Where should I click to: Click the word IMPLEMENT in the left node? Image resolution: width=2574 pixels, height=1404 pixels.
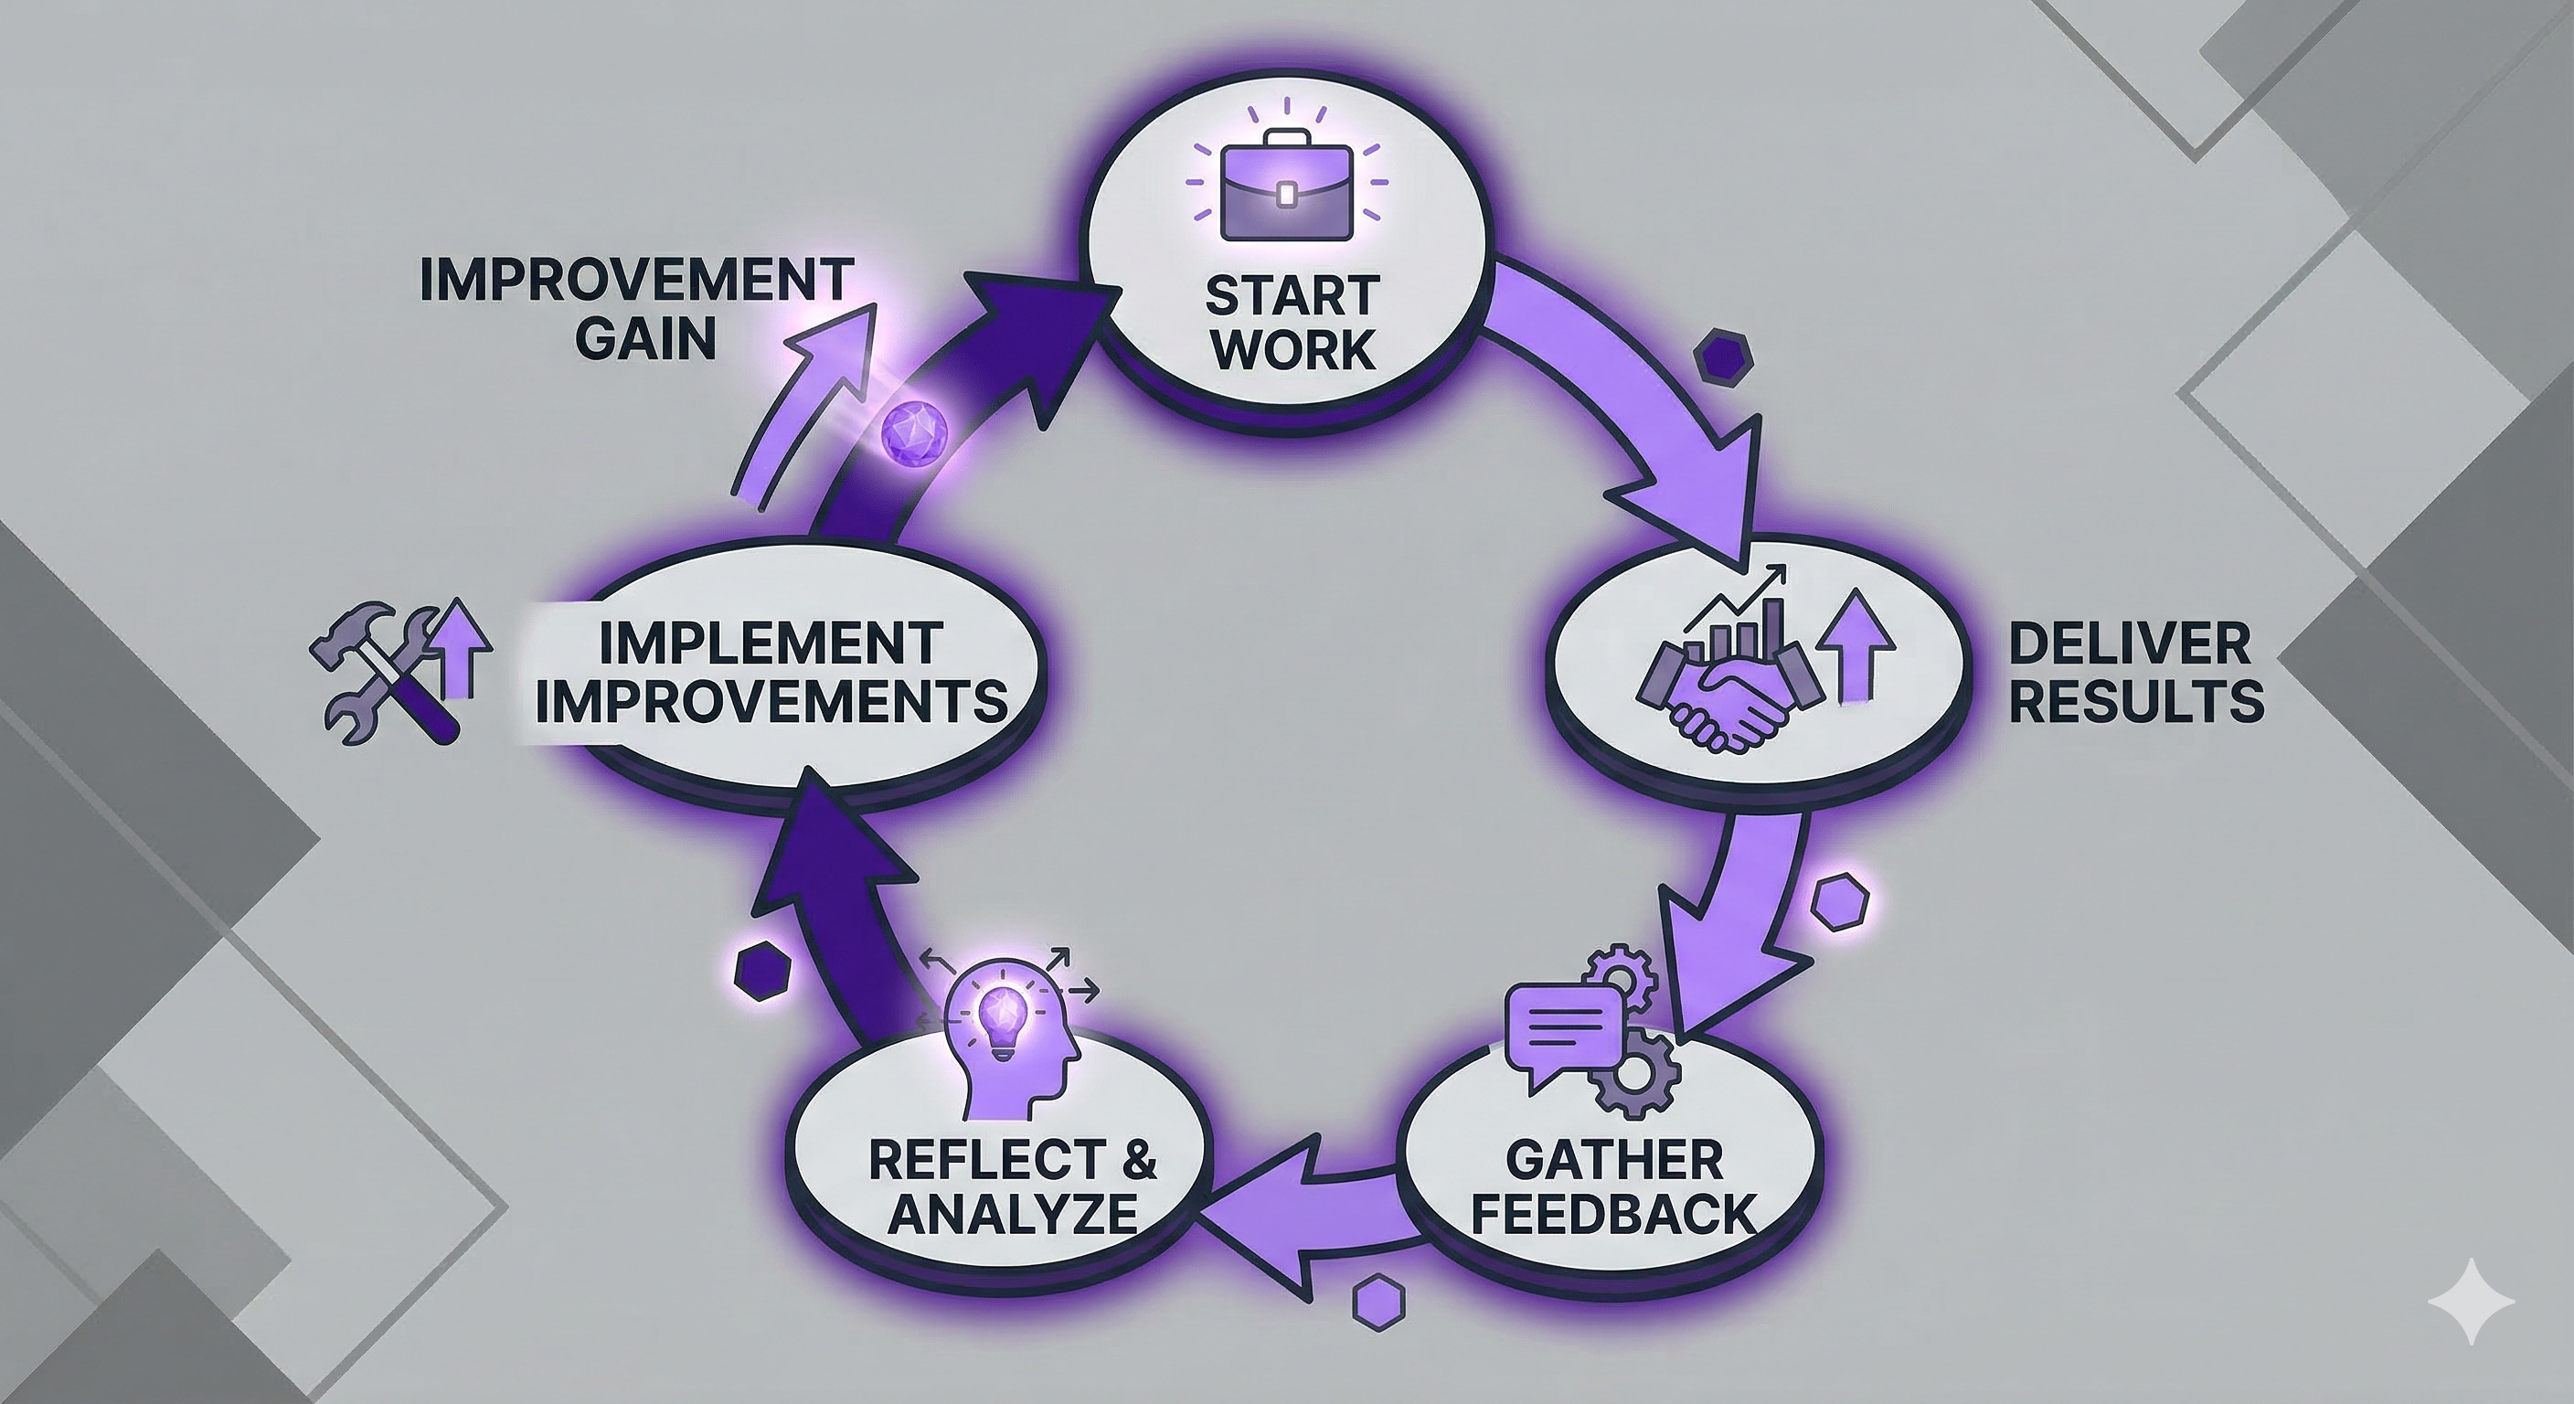[771, 642]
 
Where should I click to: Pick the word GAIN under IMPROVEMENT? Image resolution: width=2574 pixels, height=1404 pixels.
[645, 339]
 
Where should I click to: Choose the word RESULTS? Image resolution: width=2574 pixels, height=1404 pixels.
[2135, 703]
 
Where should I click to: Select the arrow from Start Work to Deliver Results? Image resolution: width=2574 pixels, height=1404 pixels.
[1639, 399]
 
